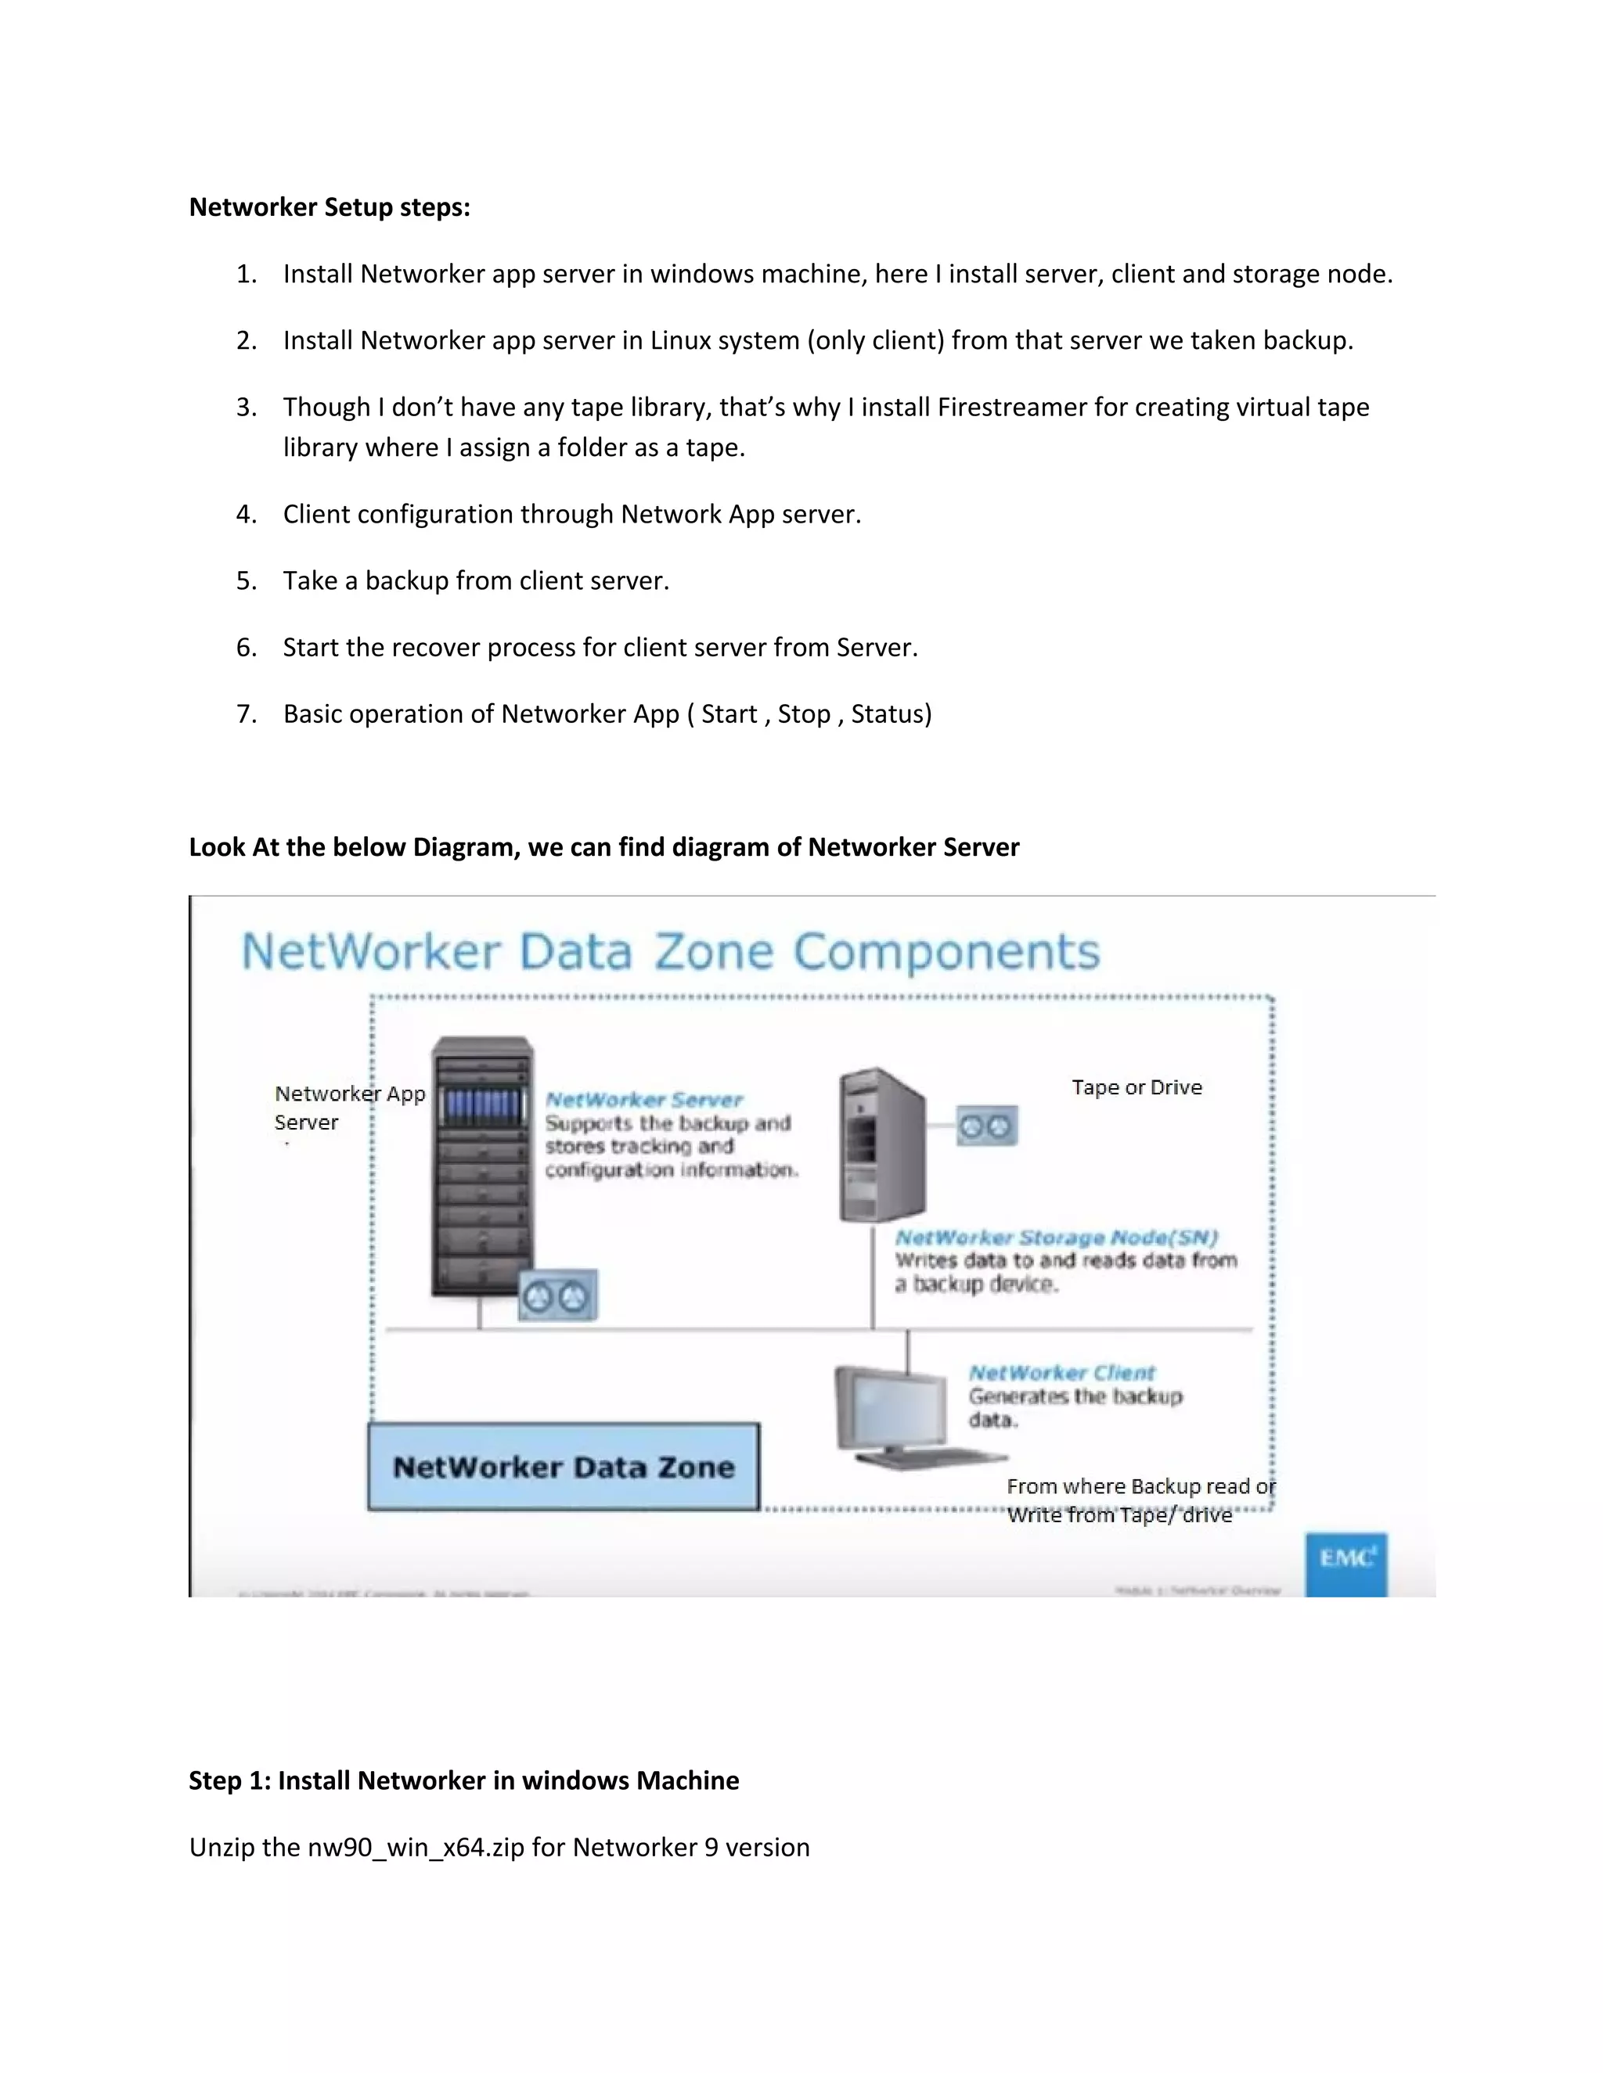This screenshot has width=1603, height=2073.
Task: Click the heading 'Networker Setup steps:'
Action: coord(330,207)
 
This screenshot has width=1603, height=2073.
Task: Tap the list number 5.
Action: coord(246,581)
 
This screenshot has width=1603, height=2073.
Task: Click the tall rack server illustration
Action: coord(481,1167)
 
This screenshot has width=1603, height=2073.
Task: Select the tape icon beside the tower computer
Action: coord(985,1126)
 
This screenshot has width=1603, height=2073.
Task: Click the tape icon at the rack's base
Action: coord(557,1295)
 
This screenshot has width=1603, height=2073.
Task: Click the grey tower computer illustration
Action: coord(881,1146)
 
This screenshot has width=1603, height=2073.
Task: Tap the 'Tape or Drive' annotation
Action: coord(1137,1088)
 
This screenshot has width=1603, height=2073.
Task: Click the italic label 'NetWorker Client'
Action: coord(1061,1373)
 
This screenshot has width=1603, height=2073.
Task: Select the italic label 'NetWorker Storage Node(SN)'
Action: coord(1056,1238)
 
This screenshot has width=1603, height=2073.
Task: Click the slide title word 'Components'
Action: coord(947,952)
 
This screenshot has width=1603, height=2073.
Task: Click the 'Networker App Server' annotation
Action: coord(348,1108)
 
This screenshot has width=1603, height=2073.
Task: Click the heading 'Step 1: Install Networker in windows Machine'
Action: coord(463,1780)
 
